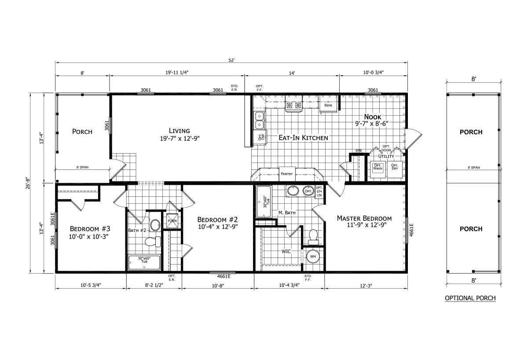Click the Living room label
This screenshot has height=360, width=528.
(x=179, y=131)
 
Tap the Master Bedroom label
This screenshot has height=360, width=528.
(x=364, y=218)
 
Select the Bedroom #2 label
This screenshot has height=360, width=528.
(x=217, y=220)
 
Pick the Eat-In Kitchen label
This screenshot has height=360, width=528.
(x=303, y=138)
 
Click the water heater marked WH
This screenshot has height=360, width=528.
(x=313, y=256)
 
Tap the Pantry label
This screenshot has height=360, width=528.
(x=286, y=173)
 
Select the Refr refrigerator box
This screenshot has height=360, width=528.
(x=328, y=106)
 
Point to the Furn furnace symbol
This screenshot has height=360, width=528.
(x=172, y=221)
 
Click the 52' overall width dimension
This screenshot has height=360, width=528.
(x=231, y=60)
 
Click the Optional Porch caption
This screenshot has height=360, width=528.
(x=470, y=298)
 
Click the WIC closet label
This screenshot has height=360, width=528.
(x=286, y=252)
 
